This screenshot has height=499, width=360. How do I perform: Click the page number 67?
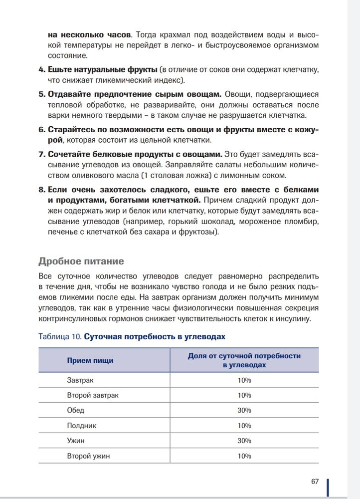[314, 481]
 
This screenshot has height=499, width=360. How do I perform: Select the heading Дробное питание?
[81, 261]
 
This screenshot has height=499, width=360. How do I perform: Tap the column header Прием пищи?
[90, 360]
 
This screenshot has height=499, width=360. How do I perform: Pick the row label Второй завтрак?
[93, 395]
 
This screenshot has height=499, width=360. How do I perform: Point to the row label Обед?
[76, 410]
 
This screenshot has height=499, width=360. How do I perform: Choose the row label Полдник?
[82, 426]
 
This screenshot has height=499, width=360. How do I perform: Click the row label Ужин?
[76, 441]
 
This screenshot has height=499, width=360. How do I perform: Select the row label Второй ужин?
[88, 456]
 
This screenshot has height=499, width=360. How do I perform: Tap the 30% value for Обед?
[244, 410]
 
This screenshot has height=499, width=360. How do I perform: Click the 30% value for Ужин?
[244, 441]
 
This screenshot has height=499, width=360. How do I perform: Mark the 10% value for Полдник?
[244, 426]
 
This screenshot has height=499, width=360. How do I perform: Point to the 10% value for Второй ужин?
[244, 456]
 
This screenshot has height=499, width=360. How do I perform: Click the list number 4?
[42, 68]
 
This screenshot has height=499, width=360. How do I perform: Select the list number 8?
[42, 190]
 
